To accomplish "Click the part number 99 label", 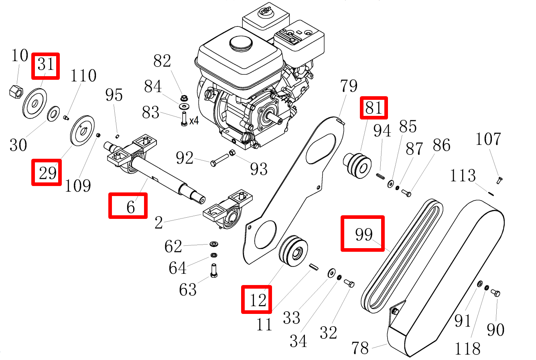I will point(363,234).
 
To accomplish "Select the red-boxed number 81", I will point(374,108).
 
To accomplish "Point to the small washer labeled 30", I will point(53,113).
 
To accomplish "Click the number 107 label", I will point(488,139).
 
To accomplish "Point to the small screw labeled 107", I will point(499,180).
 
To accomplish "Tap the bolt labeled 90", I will point(496,293).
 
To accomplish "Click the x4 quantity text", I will point(194,120).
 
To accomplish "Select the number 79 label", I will point(348,86).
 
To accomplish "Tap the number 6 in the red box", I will point(130,207).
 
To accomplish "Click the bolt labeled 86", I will point(406,194).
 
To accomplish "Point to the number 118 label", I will point(467,349).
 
